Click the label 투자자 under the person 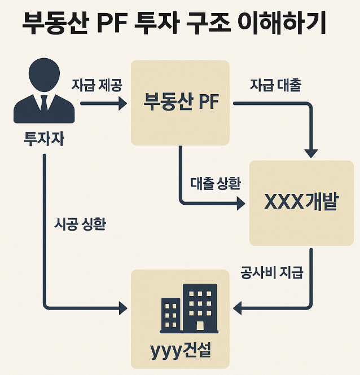point(43,138)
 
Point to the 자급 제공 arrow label point(96,85)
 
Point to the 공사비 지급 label point(271,273)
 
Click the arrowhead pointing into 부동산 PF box point(122,104)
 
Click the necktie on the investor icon point(43,103)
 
